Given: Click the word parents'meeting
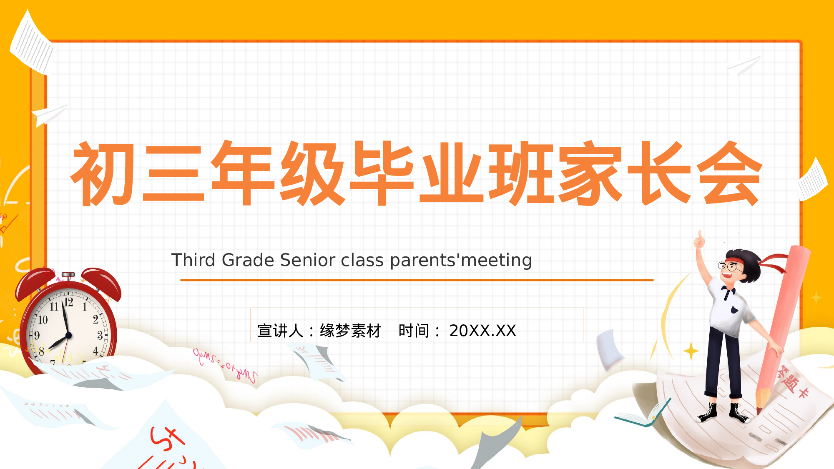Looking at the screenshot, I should (461, 260).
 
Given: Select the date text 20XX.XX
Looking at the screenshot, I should (482, 331).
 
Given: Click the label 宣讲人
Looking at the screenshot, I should (280, 331).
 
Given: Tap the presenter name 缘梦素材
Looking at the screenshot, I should (350, 331).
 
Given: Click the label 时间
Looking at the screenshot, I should (414, 331).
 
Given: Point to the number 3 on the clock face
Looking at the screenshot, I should (100, 336).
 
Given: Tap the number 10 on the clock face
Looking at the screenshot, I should (43, 320).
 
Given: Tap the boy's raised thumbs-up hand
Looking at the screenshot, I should (699, 240).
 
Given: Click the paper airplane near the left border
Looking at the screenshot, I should (49, 114).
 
